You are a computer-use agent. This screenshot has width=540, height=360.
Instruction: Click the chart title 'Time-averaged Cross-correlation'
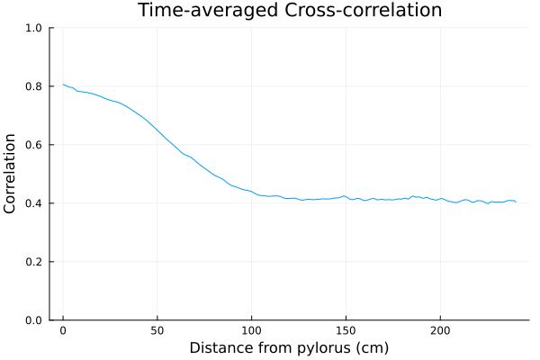[289, 11]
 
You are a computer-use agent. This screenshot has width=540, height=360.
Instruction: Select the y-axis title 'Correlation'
[11, 174]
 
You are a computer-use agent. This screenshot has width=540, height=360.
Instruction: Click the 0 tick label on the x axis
[63, 331]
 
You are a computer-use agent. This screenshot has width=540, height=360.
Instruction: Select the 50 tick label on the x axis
[157, 331]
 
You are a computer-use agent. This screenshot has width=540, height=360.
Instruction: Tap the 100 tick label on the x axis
[251, 331]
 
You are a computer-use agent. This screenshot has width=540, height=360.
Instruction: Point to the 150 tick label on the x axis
[346, 331]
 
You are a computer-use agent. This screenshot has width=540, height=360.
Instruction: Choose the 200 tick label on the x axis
[439, 331]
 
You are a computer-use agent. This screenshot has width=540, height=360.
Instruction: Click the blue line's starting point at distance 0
[63, 85]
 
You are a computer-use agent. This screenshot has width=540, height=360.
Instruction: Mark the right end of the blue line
[516, 202]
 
